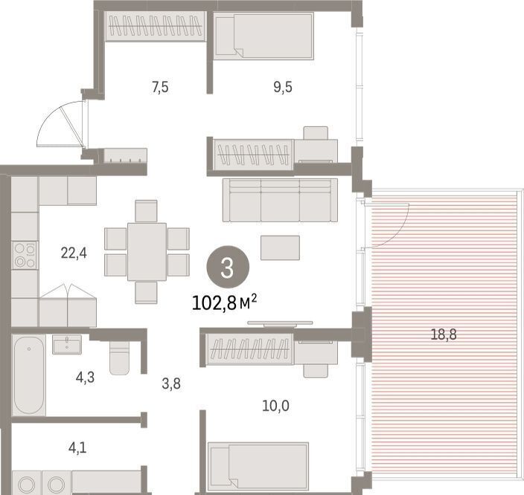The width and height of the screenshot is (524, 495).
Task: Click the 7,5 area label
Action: [161, 88]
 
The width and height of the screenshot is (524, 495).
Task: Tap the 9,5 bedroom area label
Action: [283, 87]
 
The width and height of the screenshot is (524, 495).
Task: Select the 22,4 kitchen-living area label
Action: [74, 253]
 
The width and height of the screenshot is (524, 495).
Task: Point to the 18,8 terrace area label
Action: [444, 334]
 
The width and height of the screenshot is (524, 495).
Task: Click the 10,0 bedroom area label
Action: [275, 406]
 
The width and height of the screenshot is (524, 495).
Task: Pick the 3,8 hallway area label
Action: [171, 384]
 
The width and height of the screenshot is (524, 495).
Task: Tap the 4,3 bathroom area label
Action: [85, 378]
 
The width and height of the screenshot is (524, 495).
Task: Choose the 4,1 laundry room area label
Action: [77, 447]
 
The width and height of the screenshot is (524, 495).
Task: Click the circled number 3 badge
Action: [228, 267]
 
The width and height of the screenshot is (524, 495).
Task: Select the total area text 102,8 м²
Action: [225, 303]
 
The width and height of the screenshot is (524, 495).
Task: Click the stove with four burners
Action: [25, 256]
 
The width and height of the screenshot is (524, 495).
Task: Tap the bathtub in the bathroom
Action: [29, 375]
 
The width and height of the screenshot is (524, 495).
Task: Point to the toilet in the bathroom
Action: [119, 357]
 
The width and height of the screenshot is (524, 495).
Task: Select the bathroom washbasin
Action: [67, 344]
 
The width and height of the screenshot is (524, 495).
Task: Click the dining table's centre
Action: [147, 252]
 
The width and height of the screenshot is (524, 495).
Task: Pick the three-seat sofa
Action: [280, 200]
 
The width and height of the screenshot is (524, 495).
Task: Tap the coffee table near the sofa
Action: [280, 247]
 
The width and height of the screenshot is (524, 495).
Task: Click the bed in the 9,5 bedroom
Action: [263, 36]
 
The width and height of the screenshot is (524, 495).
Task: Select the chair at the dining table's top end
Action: [146, 211]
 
